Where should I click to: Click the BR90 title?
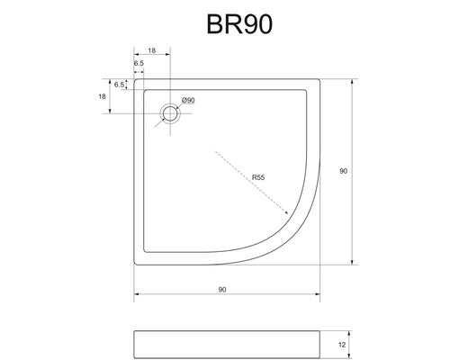point(239,24)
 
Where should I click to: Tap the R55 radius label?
point(258,177)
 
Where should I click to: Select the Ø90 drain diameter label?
point(188,100)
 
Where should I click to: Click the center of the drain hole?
point(170,113)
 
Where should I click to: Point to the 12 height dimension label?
point(342,345)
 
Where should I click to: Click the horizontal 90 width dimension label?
point(222,290)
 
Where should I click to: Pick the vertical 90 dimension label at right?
point(343,171)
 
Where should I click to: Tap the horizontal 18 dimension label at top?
point(152,50)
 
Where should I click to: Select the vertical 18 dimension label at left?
point(102,96)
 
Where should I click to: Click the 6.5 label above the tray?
point(139,63)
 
